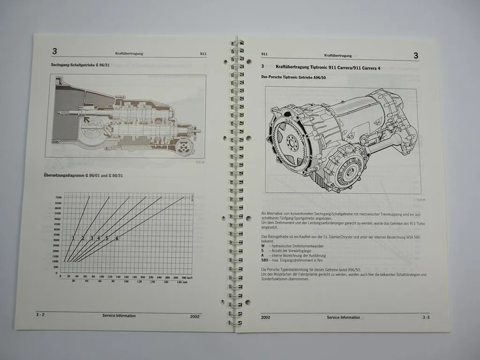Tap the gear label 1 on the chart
click(x=74, y=238)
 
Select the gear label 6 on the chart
click(x=117, y=239)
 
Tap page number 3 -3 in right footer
click(x=425, y=317)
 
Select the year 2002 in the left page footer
click(x=195, y=316)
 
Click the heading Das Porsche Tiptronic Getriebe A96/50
click(x=293, y=77)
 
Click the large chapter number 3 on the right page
click(x=415, y=56)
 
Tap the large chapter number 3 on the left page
click(x=55, y=51)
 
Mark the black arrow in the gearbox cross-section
click(x=87, y=121)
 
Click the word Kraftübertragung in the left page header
click(x=128, y=53)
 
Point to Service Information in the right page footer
click(x=343, y=317)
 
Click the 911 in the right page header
click(x=264, y=54)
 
